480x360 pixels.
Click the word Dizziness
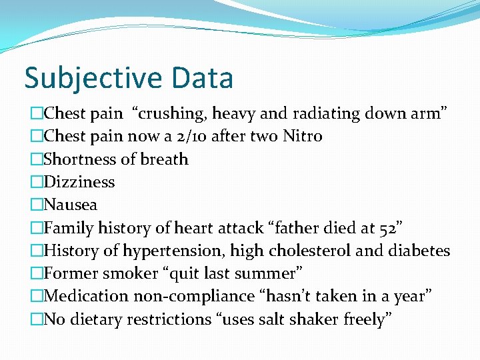tap(79, 182)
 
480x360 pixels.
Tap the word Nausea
tap(71, 205)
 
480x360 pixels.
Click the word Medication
tap(86, 296)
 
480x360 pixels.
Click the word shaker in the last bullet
tap(311, 319)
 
